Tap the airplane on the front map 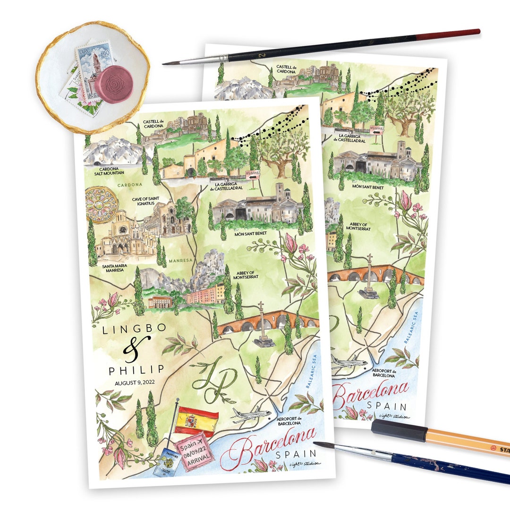pyautogui.click(x=251, y=414)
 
